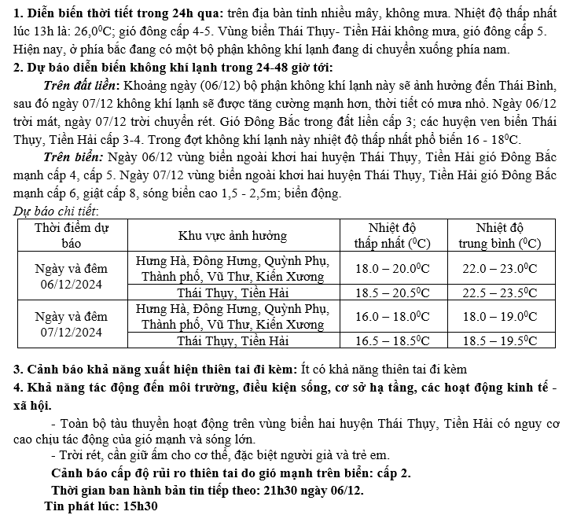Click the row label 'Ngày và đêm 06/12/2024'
(x=72, y=277)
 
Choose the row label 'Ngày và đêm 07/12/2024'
(x=72, y=324)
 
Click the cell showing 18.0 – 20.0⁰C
(x=392, y=268)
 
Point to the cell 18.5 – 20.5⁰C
(x=392, y=293)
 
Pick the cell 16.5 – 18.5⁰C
(x=392, y=340)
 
